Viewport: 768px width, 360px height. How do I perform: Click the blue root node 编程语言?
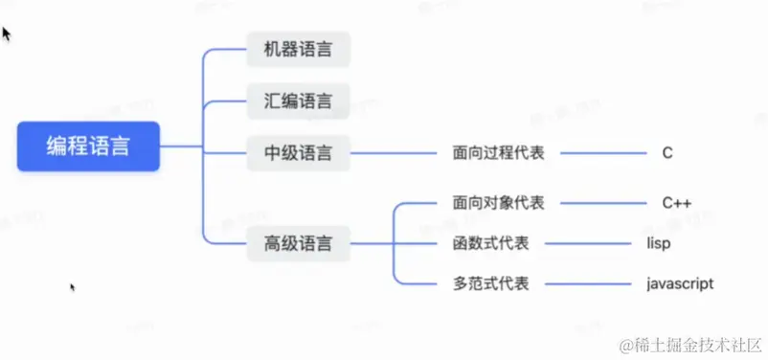point(88,146)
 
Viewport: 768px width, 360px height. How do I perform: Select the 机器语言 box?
point(298,50)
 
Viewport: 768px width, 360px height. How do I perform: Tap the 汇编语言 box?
point(298,101)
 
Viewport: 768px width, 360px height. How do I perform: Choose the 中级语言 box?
point(298,151)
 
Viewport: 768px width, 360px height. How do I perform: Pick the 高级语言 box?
point(298,243)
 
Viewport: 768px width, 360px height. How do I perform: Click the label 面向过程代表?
point(498,152)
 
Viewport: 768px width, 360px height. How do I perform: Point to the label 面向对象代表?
point(498,203)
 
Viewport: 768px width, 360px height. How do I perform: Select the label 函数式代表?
point(490,243)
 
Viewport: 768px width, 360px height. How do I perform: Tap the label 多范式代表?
point(490,284)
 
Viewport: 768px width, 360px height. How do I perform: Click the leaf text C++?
point(676,203)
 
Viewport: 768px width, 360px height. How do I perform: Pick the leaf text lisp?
point(658,243)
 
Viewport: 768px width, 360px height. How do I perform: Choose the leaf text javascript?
point(680,284)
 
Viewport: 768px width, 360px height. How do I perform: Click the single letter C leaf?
point(666,152)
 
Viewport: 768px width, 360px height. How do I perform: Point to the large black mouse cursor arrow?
point(7,34)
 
